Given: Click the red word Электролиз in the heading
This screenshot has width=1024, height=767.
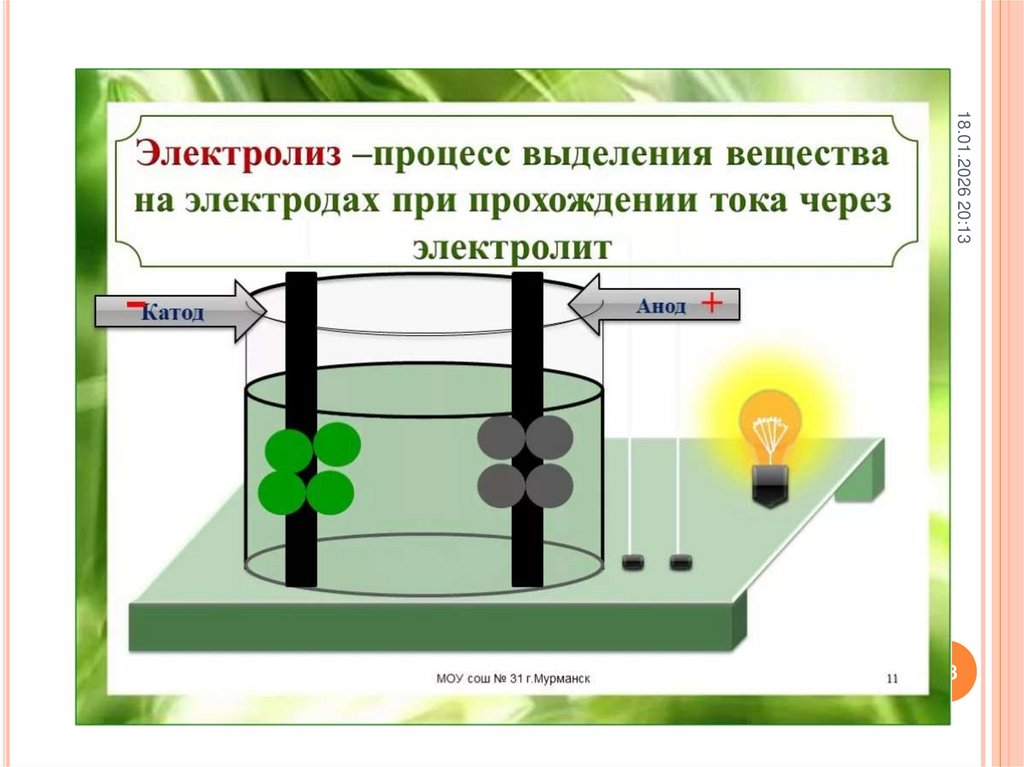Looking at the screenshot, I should pos(237,156).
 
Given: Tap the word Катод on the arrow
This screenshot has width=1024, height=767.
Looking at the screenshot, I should pos(173,313).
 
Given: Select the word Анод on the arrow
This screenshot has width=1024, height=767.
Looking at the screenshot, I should pos(661,306).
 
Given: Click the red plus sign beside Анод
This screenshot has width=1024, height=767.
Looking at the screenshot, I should pos(712,304).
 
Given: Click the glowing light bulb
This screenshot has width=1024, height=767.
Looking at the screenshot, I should pos(770,425).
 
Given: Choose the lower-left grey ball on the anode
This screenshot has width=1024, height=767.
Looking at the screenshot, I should pos(501,486).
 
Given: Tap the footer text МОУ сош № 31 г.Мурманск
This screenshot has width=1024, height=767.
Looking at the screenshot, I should pos(513,679).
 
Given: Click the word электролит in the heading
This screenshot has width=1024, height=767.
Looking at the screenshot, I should pos(511,247).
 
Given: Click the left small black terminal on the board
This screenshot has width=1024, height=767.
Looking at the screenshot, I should pos(632,562).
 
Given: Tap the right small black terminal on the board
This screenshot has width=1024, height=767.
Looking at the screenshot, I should pos(681,562).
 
